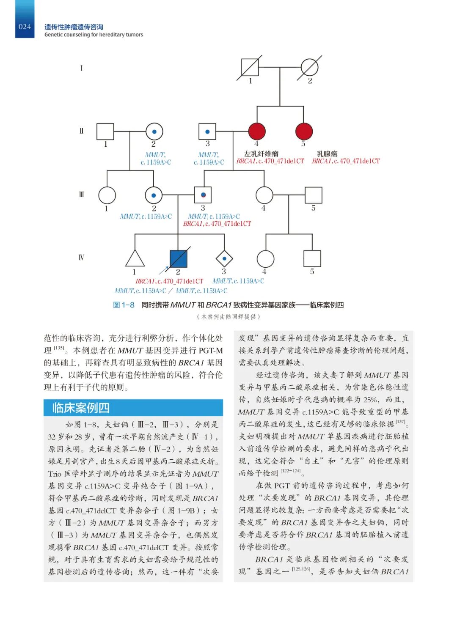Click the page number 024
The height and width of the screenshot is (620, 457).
25,27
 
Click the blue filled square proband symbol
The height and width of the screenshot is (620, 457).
178,258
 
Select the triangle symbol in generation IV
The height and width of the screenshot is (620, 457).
135,259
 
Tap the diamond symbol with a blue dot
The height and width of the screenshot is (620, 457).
224,258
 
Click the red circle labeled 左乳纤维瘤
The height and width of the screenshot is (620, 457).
257,132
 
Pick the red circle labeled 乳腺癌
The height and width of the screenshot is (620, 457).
304,132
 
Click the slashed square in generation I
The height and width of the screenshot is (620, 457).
250,68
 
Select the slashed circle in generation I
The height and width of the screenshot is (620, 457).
309,68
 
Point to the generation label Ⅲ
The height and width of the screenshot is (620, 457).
82,195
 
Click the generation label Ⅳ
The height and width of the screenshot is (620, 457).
82,258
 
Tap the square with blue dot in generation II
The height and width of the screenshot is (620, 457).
207,132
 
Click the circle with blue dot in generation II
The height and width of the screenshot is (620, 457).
154,132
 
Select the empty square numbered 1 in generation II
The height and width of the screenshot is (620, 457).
105,132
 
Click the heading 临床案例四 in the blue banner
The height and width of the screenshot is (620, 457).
81,408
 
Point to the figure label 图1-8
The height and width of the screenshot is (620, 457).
124,305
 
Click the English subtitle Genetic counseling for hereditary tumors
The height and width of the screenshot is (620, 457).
94,35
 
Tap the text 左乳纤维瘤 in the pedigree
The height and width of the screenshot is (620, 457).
261,154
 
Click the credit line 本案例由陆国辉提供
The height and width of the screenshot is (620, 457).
228,316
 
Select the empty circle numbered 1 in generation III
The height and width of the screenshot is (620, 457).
107,195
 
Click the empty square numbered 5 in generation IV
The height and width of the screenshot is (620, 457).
312,258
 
